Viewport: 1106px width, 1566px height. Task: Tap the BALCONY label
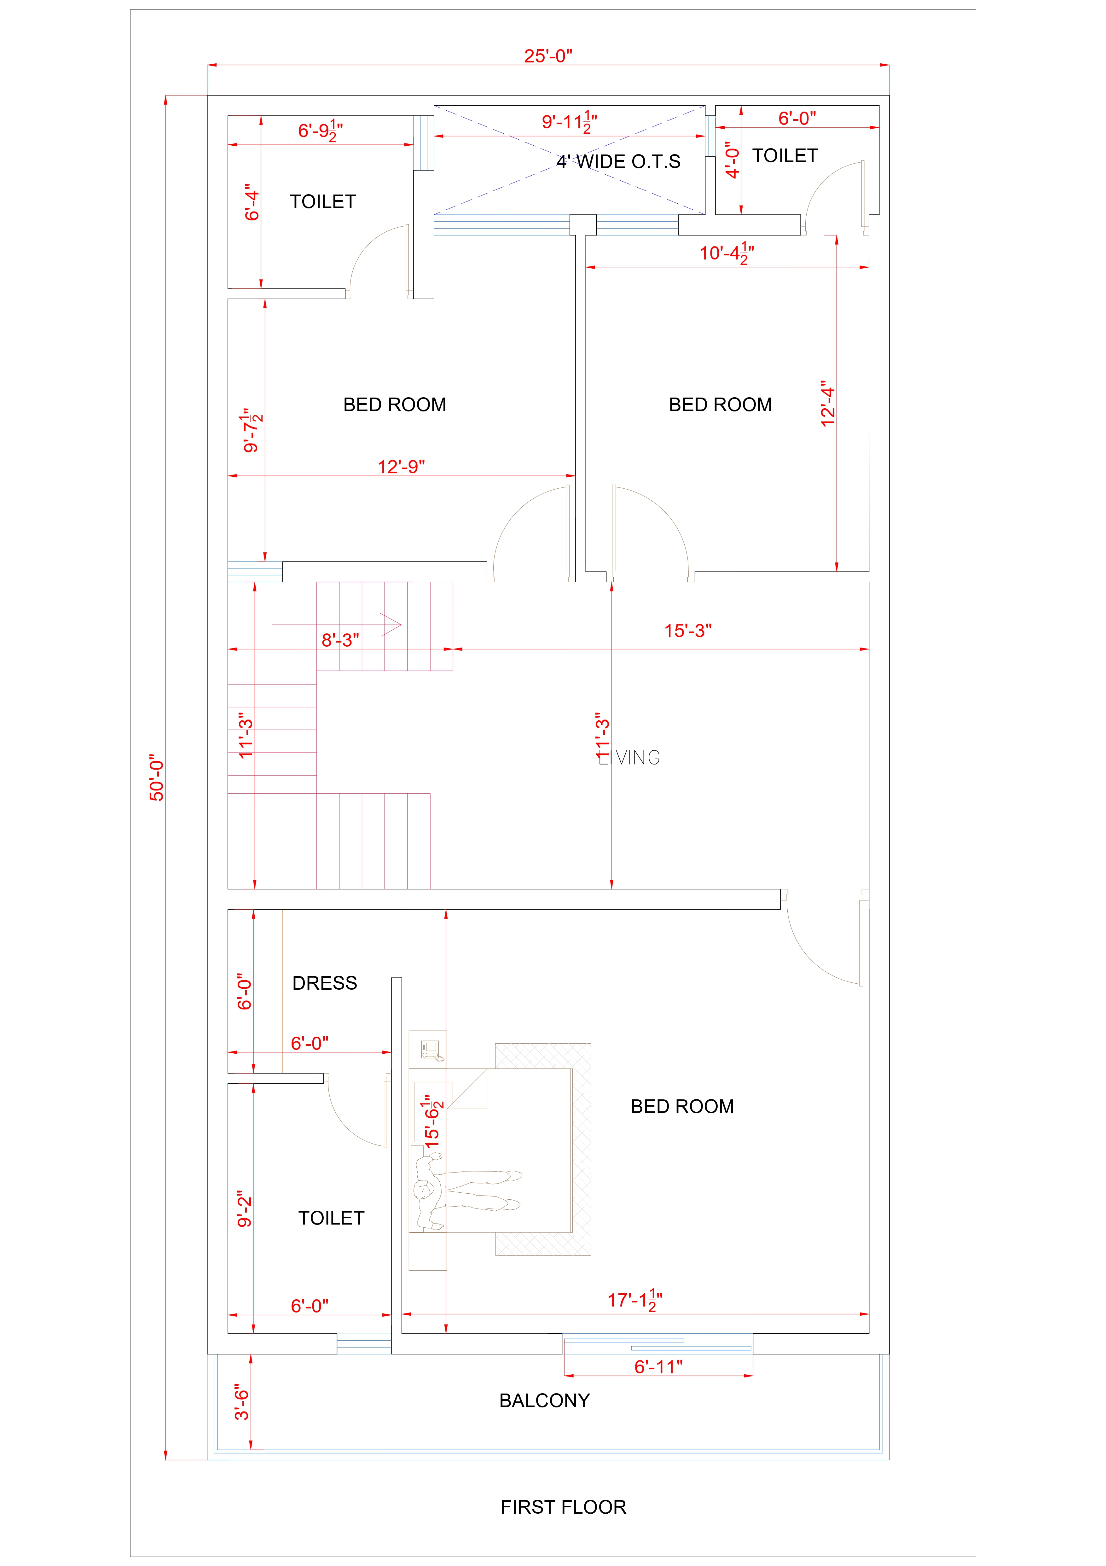(x=544, y=1400)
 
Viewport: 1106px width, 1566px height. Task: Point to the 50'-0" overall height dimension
(x=157, y=777)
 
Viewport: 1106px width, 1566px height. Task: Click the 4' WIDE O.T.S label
(x=618, y=162)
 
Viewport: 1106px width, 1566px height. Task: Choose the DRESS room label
(x=325, y=983)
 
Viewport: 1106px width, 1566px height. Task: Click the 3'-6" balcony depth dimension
(x=242, y=1402)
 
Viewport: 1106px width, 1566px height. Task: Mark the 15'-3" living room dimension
(x=688, y=631)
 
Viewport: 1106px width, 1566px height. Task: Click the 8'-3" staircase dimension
(x=340, y=640)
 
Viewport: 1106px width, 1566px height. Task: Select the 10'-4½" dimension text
(x=726, y=253)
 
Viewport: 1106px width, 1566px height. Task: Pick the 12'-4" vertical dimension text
(x=828, y=404)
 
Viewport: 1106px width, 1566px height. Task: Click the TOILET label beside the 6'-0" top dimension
(x=785, y=155)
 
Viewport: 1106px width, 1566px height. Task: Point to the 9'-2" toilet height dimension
(x=244, y=1209)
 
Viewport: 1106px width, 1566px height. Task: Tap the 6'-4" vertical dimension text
(x=252, y=202)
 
